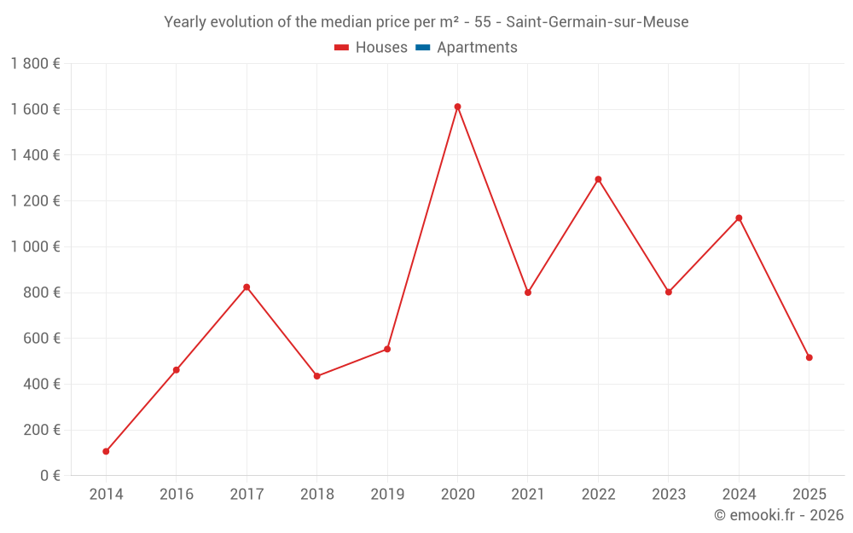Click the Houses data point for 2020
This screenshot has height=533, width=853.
tap(457, 107)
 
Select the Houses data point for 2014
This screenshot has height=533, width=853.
tap(106, 451)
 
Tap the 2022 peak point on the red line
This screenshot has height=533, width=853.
tap(598, 179)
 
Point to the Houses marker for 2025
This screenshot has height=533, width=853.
tap(809, 357)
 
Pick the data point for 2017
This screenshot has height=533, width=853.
tap(247, 287)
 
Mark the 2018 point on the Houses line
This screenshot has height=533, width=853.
tap(316, 376)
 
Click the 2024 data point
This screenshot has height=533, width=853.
tap(739, 218)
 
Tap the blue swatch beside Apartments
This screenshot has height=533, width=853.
tap(422, 48)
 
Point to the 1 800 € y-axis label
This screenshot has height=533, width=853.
tap(35, 63)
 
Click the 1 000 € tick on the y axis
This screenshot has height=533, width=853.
tap(35, 246)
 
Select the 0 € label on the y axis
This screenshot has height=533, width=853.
tap(50, 475)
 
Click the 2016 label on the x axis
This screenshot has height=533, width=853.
tap(177, 495)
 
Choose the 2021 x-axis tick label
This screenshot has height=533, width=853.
tap(528, 495)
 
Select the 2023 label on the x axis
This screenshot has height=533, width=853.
tap(668, 495)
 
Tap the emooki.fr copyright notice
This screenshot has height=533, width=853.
tap(779, 515)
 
